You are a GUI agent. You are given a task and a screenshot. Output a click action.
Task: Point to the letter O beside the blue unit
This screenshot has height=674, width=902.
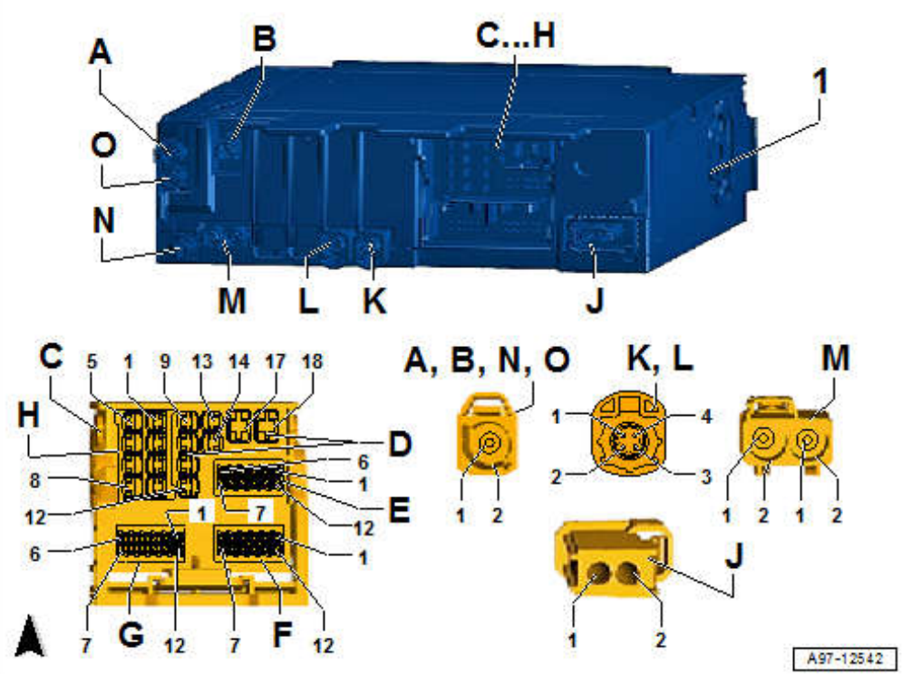pos(102,146)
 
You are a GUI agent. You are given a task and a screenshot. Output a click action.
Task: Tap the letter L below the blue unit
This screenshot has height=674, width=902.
pos(307,300)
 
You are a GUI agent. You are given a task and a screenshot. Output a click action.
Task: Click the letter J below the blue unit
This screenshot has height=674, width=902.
pos(594,300)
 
